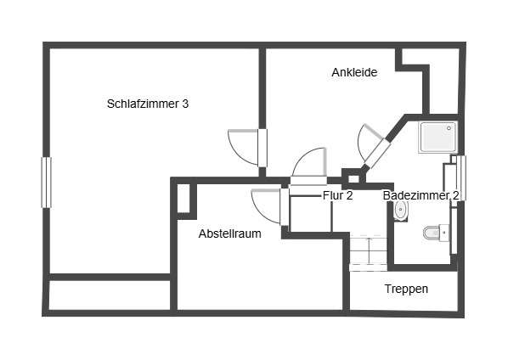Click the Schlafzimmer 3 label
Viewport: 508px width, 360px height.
click(148, 104)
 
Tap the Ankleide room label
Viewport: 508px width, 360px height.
click(354, 72)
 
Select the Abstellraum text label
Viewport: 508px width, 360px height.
click(229, 233)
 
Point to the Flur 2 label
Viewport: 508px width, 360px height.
click(337, 195)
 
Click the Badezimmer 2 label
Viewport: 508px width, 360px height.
click(421, 195)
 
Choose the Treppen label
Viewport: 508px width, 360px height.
click(406, 289)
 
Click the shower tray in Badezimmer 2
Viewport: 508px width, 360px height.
click(438, 137)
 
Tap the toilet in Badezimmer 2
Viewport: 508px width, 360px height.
click(436, 233)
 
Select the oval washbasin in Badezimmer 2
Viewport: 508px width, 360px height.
click(401, 210)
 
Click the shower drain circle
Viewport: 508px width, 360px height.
click(449, 128)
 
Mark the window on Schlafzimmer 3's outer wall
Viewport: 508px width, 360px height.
click(47, 182)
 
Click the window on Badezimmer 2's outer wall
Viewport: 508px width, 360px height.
click(461, 178)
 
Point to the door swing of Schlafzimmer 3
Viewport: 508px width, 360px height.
click(244, 148)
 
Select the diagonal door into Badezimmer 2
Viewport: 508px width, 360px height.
click(373, 145)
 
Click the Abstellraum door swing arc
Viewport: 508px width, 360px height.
click(266, 206)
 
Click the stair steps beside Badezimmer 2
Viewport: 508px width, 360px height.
click(369, 252)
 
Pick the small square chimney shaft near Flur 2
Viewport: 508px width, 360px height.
click(353, 178)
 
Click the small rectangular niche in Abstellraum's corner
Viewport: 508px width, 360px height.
click(183, 198)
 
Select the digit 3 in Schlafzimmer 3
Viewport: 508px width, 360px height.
click(186, 104)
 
